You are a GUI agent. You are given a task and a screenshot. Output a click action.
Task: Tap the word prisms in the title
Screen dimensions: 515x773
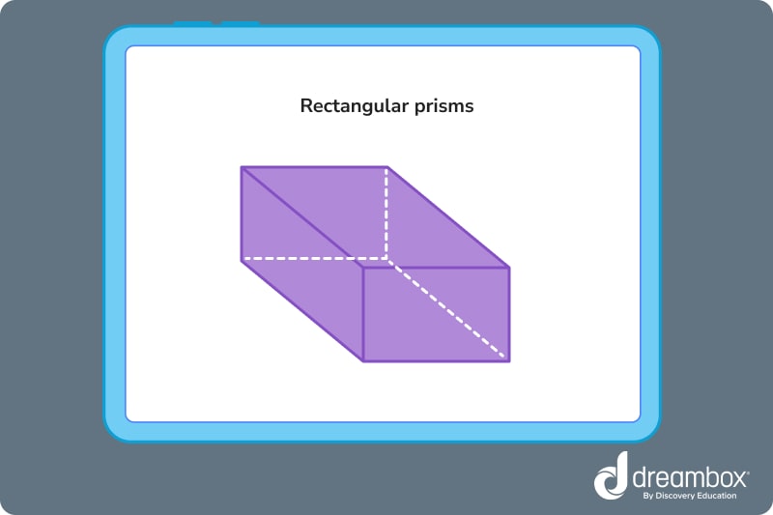click(x=442, y=106)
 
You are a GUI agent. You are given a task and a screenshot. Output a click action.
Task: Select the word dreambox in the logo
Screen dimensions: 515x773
click(x=691, y=476)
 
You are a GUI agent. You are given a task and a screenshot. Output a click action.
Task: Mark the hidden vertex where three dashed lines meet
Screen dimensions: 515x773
click(x=387, y=260)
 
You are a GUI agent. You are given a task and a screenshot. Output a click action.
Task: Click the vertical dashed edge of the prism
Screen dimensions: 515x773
click(x=387, y=213)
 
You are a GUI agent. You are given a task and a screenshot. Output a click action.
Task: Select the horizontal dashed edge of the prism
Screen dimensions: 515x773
click(x=314, y=260)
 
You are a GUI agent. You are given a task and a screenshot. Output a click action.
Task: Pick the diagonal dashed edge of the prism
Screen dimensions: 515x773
click(x=448, y=310)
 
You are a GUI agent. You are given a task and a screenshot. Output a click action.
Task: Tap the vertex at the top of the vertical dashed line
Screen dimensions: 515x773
click(x=387, y=167)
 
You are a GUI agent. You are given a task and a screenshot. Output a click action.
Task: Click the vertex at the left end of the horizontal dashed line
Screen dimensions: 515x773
click(x=242, y=260)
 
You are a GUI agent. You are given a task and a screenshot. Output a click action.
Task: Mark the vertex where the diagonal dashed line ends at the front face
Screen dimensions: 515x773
click(x=508, y=360)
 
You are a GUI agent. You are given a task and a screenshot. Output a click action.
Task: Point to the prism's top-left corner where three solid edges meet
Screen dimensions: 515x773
click(x=242, y=167)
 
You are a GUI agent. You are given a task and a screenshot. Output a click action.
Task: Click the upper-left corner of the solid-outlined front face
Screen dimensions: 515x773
click(x=363, y=267)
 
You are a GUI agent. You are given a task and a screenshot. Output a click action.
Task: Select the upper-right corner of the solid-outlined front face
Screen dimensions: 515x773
click(x=508, y=267)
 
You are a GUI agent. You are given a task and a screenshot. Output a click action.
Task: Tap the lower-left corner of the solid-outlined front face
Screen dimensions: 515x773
click(x=363, y=360)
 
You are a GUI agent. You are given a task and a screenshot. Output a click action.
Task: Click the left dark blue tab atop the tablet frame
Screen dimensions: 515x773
click(x=192, y=23)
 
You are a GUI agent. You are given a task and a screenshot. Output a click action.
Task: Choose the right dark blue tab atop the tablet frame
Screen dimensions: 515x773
click(x=240, y=23)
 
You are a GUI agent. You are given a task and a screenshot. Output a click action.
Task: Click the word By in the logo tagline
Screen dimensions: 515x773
click(x=647, y=497)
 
